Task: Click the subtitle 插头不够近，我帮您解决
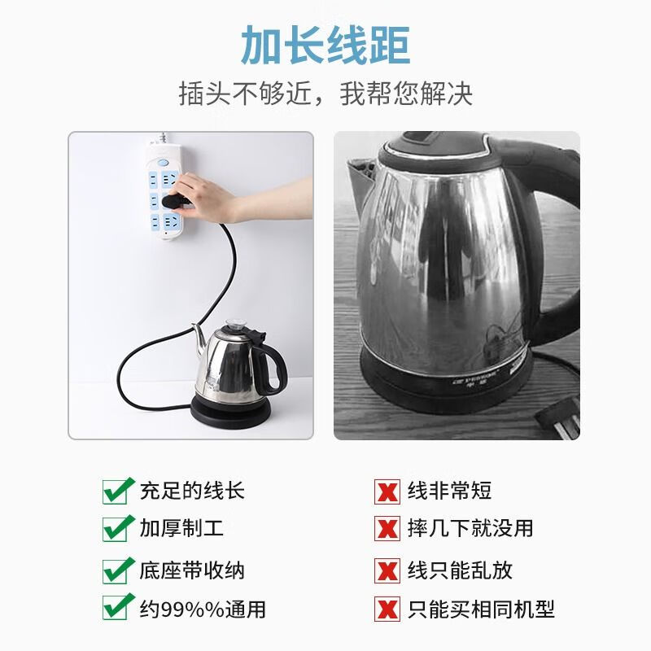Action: pos(325,94)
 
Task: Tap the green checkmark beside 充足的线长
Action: pos(117,491)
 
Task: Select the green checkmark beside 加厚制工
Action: pos(117,527)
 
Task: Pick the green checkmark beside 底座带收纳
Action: pos(117,569)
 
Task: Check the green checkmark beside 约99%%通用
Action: pos(117,607)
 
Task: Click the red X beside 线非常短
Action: pos(387,491)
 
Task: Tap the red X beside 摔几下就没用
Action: pos(387,528)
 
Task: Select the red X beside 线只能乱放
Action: pos(387,570)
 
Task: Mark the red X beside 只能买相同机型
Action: pos(387,608)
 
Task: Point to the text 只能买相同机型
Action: pos(481,609)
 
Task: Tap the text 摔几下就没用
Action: pos(470,528)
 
